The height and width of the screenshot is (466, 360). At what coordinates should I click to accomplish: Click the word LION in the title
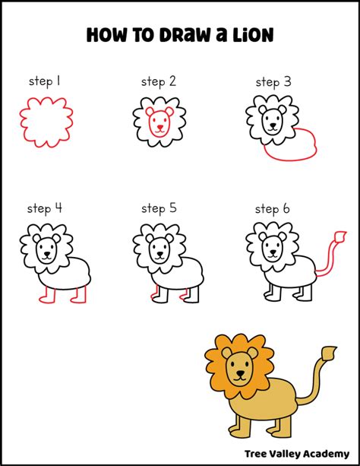pos(253,35)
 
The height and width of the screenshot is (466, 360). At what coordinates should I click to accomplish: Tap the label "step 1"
pos(43,81)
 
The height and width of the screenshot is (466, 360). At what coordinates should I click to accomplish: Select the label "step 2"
pos(158,81)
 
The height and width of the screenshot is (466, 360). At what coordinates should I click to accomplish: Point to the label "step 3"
pos(273,81)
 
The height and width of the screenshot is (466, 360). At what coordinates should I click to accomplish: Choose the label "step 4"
pos(44,208)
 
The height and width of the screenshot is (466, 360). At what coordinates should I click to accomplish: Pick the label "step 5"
pos(158,208)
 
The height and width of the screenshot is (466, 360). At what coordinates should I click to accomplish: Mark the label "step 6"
pos(273,208)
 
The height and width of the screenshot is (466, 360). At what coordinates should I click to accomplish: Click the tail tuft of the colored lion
pos(329,353)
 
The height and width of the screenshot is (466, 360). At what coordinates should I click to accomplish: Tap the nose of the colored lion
pos(240,372)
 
